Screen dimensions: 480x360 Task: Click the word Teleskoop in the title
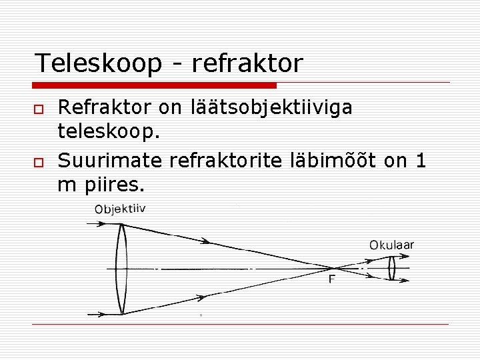click(x=98, y=63)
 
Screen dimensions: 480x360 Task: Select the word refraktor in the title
click(x=247, y=63)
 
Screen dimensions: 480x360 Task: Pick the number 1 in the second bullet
click(x=420, y=160)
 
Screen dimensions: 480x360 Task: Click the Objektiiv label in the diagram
click(x=120, y=209)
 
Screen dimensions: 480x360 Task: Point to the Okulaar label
click(x=392, y=245)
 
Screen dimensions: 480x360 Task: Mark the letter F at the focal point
click(x=332, y=279)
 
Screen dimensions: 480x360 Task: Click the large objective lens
click(x=121, y=268)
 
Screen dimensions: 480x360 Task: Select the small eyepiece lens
click(x=393, y=268)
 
